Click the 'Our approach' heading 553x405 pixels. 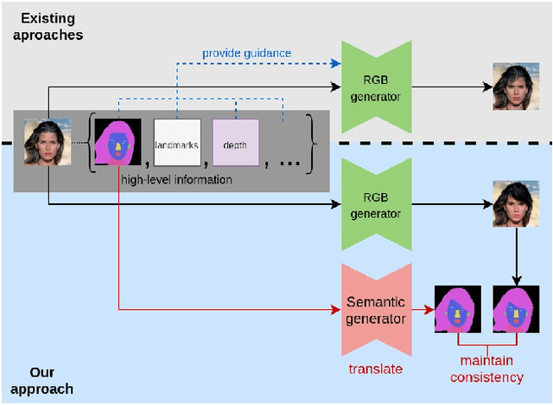(41, 381)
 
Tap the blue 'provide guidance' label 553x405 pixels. (246, 54)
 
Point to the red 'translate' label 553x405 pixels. (375, 369)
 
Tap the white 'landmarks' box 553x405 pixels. (176, 144)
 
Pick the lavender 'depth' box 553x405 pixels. (235, 144)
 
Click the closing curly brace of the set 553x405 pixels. (313, 144)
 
